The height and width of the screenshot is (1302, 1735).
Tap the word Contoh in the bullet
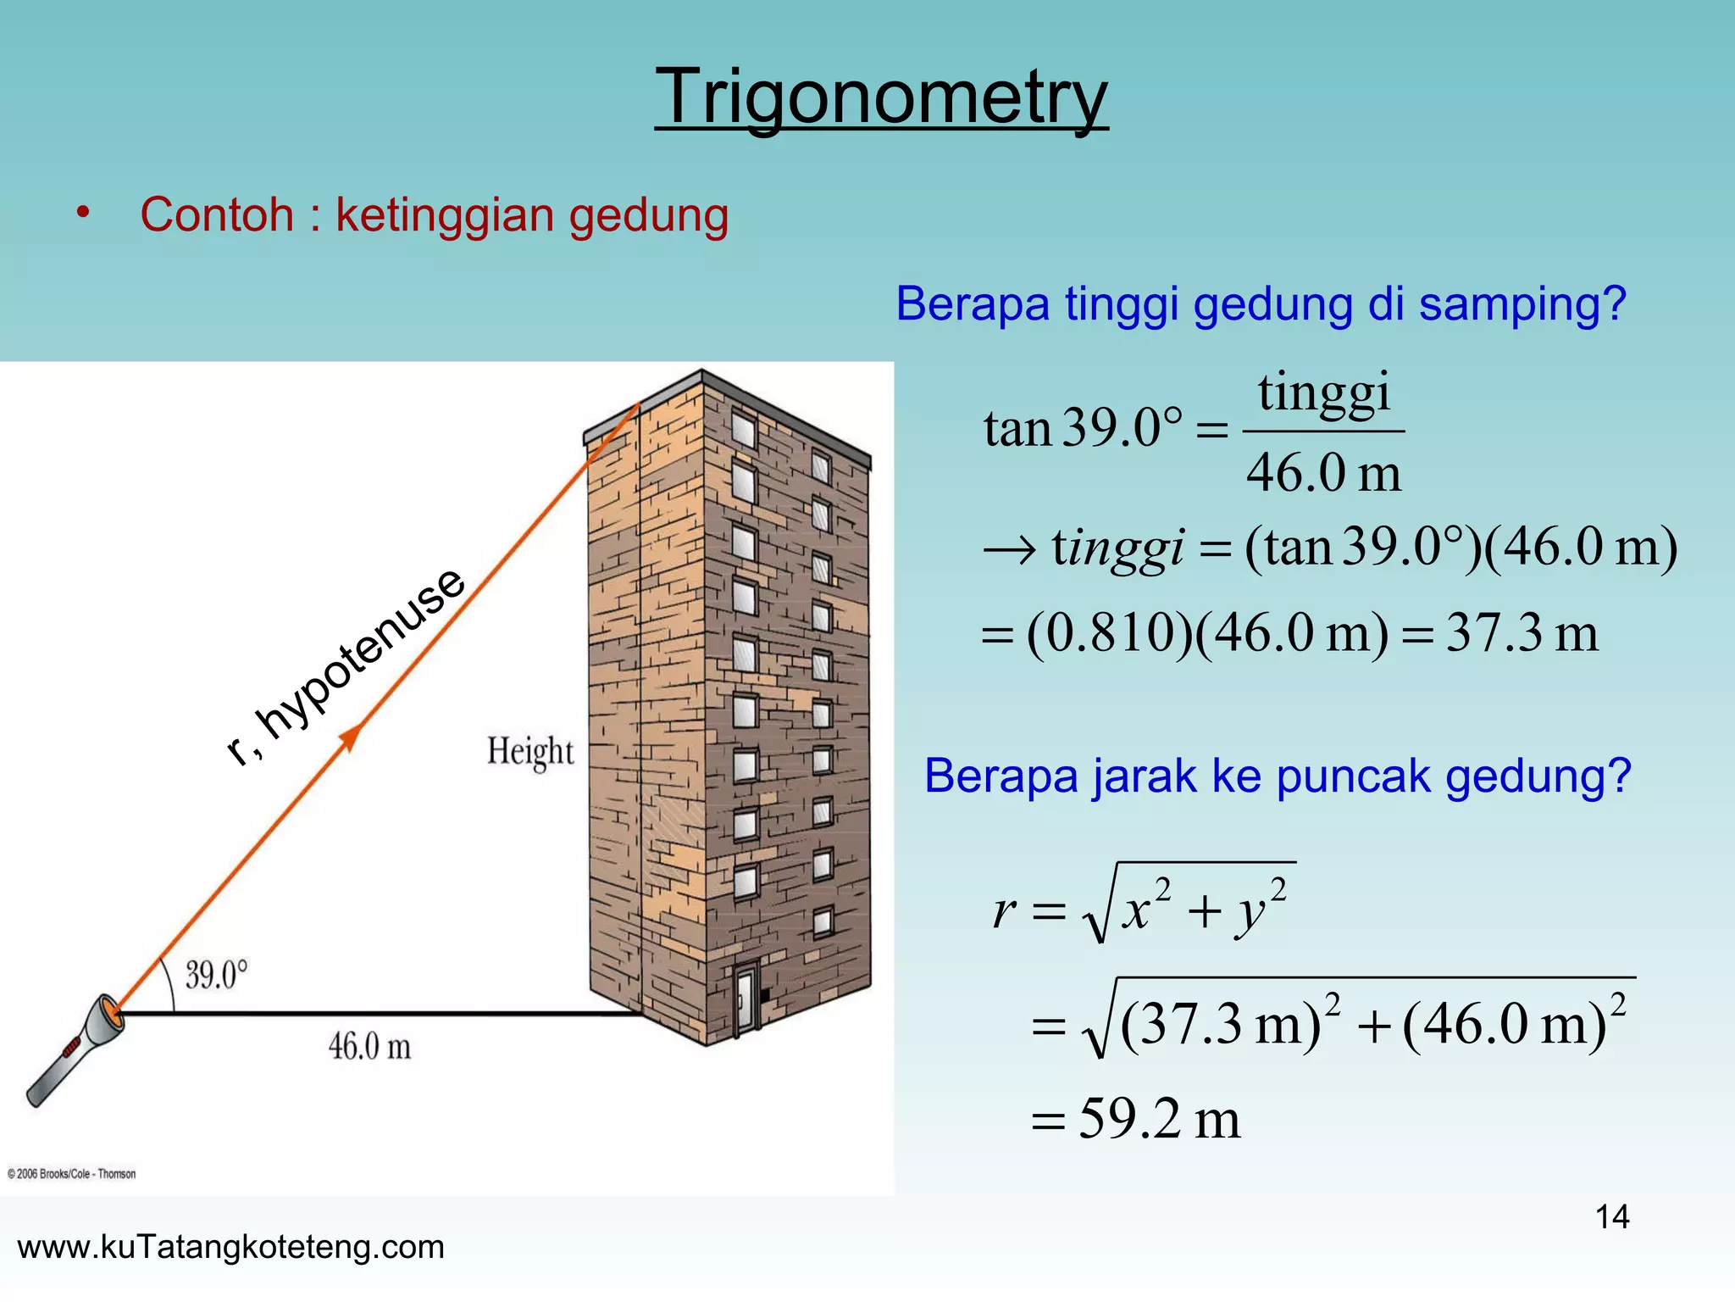(x=217, y=215)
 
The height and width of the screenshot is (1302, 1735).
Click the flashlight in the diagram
(x=75, y=1051)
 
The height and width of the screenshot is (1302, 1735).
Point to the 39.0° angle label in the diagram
(x=217, y=975)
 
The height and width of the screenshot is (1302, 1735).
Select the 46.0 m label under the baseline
(x=370, y=1047)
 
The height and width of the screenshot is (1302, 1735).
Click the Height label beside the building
(x=530, y=752)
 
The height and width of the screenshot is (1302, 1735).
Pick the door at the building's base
(x=746, y=999)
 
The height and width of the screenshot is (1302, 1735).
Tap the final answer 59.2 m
(x=1159, y=1119)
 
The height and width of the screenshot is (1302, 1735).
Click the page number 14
(x=1612, y=1217)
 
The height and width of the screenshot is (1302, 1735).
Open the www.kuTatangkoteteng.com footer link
(x=230, y=1247)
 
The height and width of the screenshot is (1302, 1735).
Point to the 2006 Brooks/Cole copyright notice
(x=72, y=1174)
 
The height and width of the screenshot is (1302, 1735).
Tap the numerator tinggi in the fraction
(x=1323, y=392)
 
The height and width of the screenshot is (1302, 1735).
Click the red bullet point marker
(x=82, y=212)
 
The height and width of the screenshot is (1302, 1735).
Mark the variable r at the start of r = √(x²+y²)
(x=1004, y=911)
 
